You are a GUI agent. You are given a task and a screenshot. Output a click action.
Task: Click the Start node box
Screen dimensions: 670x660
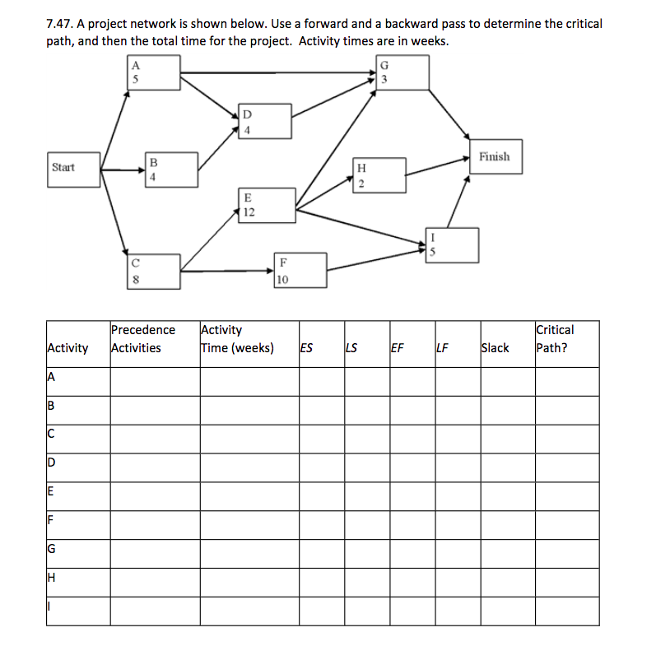point(73,168)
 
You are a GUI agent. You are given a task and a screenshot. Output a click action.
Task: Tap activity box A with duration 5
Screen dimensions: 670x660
point(153,72)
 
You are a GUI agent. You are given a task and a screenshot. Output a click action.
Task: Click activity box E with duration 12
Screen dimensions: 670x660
point(267,205)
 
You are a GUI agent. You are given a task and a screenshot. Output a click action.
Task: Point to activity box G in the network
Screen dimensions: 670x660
point(402,72)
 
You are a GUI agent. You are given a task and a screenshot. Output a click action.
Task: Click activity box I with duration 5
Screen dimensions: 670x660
point(451,245)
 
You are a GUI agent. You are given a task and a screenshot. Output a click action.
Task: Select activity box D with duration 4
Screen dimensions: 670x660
point(265,121)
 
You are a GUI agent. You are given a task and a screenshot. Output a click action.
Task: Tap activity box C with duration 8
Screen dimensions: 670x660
point(153,272)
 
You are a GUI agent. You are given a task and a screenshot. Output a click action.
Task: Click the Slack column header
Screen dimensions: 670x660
point(495,347)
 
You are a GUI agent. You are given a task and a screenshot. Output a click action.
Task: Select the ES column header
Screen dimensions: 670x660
point(306,347)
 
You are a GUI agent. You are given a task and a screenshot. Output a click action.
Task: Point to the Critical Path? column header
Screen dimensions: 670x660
point(555,338)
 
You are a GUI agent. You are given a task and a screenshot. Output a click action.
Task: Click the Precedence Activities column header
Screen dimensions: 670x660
point(143,338)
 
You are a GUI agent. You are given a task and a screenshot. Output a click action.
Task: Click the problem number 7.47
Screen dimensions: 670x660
point(63,24)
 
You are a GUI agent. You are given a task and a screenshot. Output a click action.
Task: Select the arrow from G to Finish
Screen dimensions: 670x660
point(449,113)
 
